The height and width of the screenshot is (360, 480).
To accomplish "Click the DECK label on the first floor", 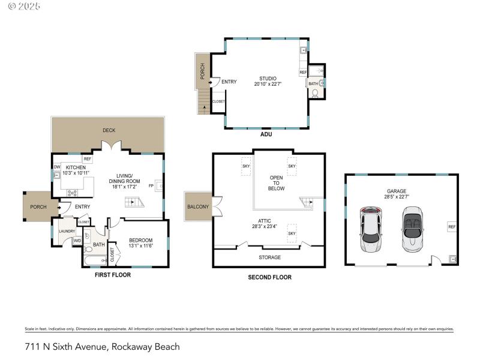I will (x=109, y=130).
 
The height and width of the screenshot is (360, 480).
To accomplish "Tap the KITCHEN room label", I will (x=76, y=167).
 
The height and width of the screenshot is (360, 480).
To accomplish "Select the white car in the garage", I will (x=370, y=230).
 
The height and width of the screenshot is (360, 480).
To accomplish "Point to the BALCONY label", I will (x=198, y=207).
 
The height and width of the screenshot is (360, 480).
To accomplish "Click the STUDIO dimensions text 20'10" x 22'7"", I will (x=268, y=84).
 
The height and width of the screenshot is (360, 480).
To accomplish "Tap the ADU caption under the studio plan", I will (x=266, y=134).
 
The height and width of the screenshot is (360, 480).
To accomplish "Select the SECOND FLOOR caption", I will (x=269, y=277).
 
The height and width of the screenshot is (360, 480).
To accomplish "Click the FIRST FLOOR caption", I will (x=113, y=275).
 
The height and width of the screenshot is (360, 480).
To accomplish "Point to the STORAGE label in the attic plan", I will (x=269, y=257).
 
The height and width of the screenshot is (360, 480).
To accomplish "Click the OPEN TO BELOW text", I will (x=277, y=183).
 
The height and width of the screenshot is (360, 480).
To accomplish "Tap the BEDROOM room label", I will (x=141, y=240).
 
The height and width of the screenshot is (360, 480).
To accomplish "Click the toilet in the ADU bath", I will (x=314, y=94).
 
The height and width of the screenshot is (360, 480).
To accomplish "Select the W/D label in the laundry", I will (x=77, y=241).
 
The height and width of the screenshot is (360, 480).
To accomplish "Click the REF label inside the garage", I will (x=452, y=227).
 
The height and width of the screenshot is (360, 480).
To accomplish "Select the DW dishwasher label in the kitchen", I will (x=57, y=167).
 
